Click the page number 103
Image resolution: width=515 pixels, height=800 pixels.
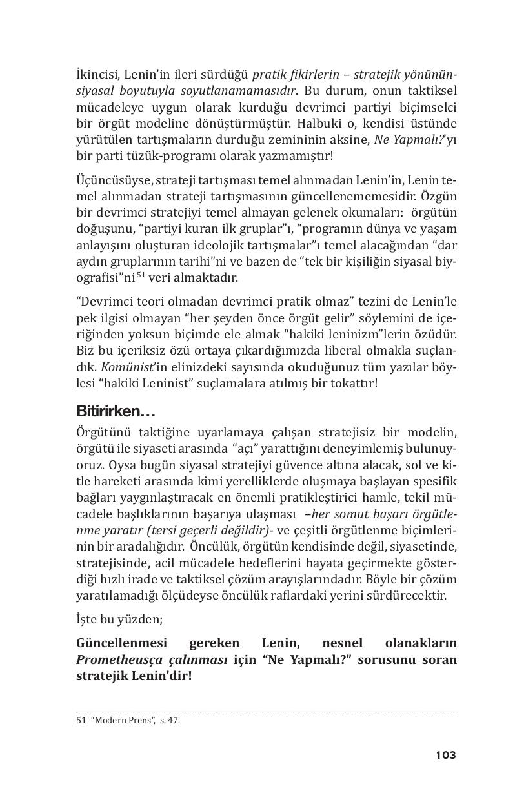(x=445, y=755)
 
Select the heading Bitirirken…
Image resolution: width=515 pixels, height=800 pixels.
(x=116, y=411)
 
